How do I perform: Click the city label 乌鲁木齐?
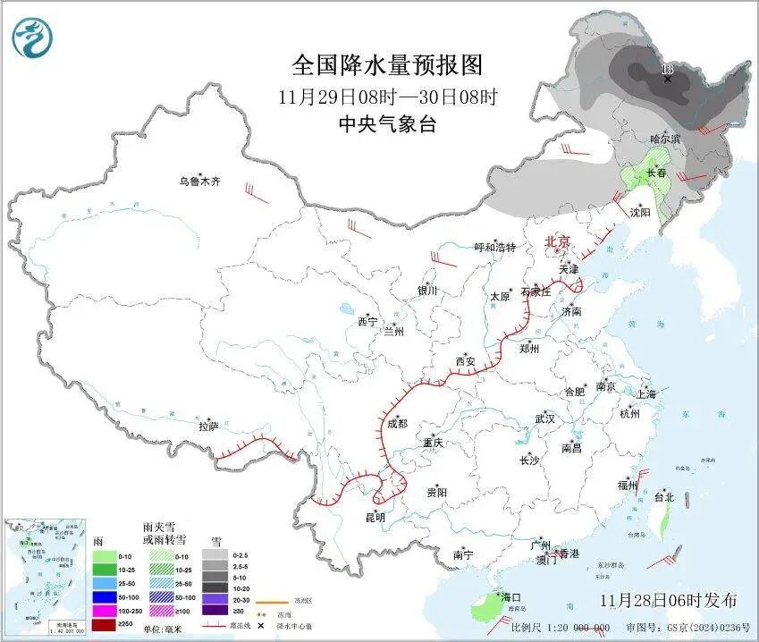(x=198, y=182)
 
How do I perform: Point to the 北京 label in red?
(x=558, y=241)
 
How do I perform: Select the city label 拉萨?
(x=209, y=427)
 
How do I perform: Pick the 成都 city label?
(x=397, y=424)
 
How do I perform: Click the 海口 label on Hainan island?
(x=510, y=597)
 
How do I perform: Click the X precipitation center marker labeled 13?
(x=667, y=79)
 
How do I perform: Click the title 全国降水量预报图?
(x=387, y=65)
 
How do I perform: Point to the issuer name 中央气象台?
(x=387, y=125)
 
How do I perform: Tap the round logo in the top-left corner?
(x=33, y=38)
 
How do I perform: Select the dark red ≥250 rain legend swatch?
(x=103, y=623)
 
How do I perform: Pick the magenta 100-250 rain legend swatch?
(x=103, y=609)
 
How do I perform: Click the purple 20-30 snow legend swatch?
(x=215, y=596)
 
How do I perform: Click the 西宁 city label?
(x=368, y=321)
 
